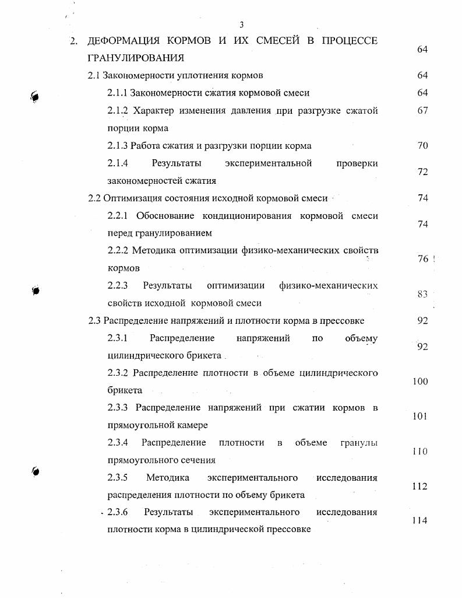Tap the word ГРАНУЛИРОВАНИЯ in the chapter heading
point(136,58)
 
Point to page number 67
point(422,110)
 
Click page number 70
point(422,145)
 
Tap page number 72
point(422,172)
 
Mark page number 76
point(423,259)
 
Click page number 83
point(422,294)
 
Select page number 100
point(419,382)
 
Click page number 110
point(419,452)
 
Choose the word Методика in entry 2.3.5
point(167,478)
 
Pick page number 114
point(419,521)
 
